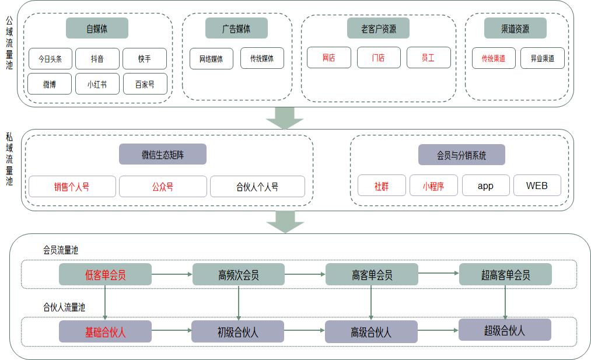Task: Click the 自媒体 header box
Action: coord(97,28)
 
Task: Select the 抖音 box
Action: coord(97,58)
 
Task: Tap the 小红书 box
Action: coord(97,84)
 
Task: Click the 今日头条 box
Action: coord(50,58)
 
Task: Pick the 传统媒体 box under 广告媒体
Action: coord(262,58)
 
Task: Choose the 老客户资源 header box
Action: coord(378,28)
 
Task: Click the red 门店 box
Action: coord(378,58)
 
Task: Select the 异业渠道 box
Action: coord(542,58)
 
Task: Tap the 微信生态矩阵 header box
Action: coord(162,155)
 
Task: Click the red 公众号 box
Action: coord(163,187)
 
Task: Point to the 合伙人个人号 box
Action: coord(257,187)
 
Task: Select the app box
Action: coord(485,186)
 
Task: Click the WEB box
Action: coord(537,186)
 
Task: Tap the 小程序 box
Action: coord(433,186)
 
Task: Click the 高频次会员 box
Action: coord(238,274)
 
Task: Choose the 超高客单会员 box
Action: coord(505,274)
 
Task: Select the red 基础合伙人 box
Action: coord(105,331)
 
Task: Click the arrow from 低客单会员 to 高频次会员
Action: coord(172,274)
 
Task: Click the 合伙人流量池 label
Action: coord(64,306)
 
